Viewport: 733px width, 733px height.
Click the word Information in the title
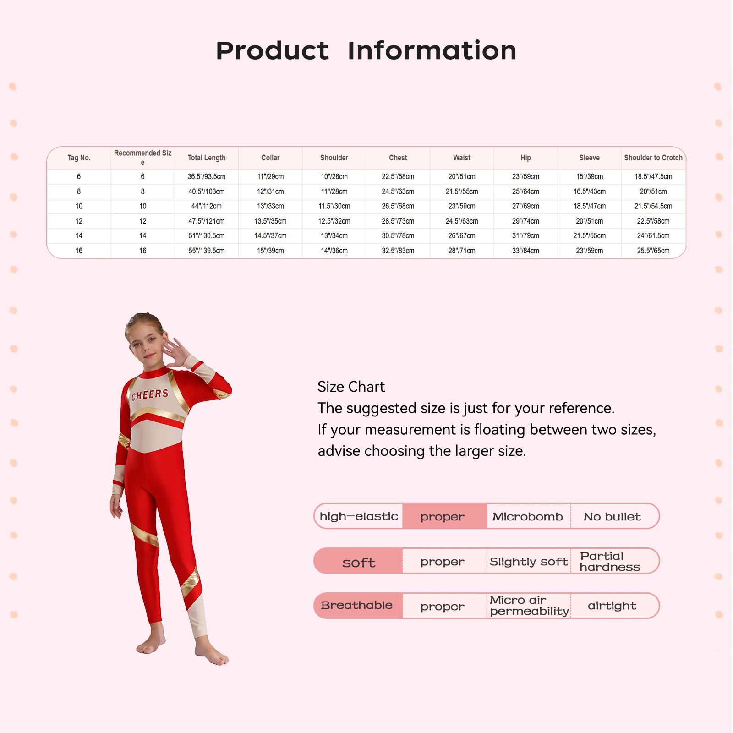(x=432, y=50)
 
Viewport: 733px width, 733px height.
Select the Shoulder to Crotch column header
(x=653, y=158)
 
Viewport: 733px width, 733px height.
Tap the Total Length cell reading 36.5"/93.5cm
(x=206, y=176)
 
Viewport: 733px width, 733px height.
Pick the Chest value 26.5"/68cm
(x=398, y=206)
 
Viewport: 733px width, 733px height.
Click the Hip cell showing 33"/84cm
(x=525, y=251)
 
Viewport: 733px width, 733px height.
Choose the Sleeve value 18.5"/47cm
(x=589, y=206)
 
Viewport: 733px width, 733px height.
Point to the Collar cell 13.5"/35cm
(x=270, y=221)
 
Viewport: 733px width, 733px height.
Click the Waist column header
(x=462, y=158)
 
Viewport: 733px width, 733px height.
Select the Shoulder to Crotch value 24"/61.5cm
(x=653, y=235)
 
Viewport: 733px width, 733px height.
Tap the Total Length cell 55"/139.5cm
(x=206, y=251)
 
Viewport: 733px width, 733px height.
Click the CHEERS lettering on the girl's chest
(x=150, y=394)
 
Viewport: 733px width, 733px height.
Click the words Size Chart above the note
(x=351, y=387)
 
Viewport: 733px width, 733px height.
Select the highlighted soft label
(x=359, y=562)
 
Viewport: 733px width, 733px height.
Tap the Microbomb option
(x=527, y=517)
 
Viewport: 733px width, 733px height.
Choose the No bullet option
(x=612, y=517)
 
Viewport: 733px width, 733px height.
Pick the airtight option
(x=612, y=606)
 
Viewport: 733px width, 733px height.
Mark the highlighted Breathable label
(x=357, y=606)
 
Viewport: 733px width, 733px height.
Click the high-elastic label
(x=359, y=517)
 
